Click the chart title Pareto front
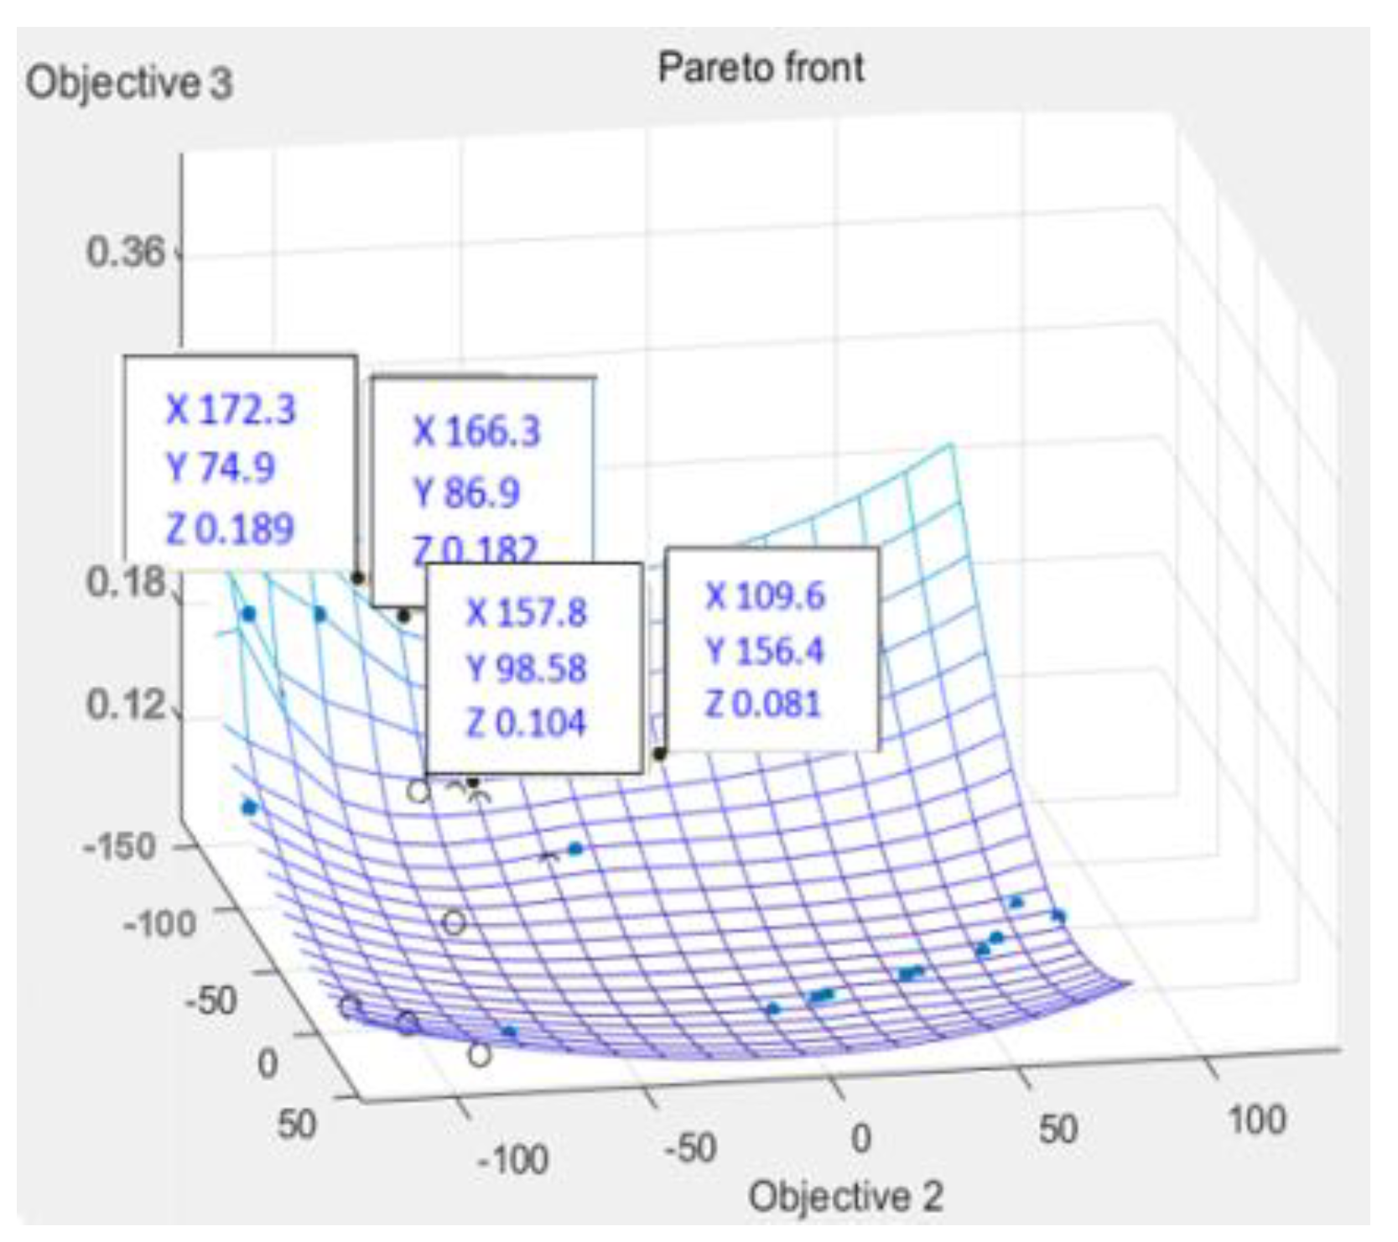[x=760, y=67]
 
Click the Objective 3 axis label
[x=128, y=83]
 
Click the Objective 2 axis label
[x=845, y=1196]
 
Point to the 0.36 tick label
[x=126, y=252]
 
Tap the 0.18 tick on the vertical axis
[x=126, y=582]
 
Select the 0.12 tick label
[x=126, y=704]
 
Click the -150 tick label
[x=120, y=846]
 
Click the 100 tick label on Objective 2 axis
[x=1255, y=1120]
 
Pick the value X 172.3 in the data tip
[x=231, y=410]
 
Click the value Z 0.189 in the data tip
[x=231, y=529]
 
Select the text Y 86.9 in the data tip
[x=467, y=492]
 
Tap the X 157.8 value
[x=526, y=613]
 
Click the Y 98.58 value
[x=526, y=668]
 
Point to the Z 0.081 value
[x=763, y=704]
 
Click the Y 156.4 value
[x=765, y=651]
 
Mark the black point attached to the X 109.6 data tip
[x=660, y=754]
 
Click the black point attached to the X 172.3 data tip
[x=358, y=578]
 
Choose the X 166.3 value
[x=476, y=432]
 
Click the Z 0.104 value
[x=526, y=723]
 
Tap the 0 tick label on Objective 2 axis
[x=860, y=1138]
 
